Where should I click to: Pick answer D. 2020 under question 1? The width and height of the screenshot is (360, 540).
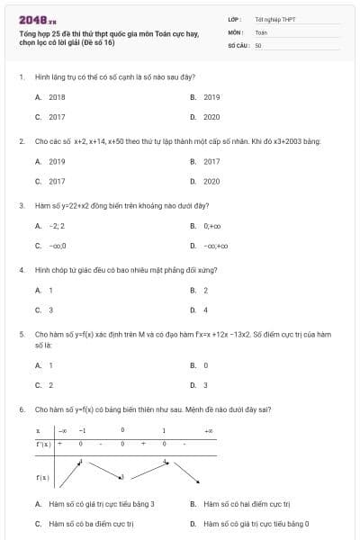pos(211,117)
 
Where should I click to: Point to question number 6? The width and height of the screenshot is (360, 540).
pos(21,409)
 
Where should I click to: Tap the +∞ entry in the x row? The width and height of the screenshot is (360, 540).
pos(209,430)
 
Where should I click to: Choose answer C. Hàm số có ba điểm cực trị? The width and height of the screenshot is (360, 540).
pos(90,523)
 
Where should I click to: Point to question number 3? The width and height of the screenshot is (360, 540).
pos(21,205)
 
